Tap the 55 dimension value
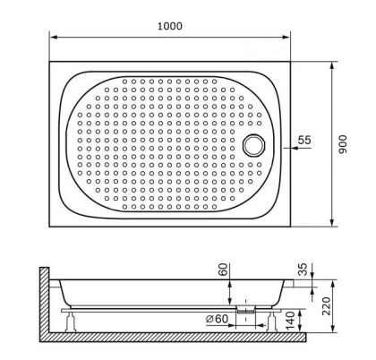pyautogui.click(x=304, y=141)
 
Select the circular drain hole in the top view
pyautogui.click(x=257, y=142)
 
